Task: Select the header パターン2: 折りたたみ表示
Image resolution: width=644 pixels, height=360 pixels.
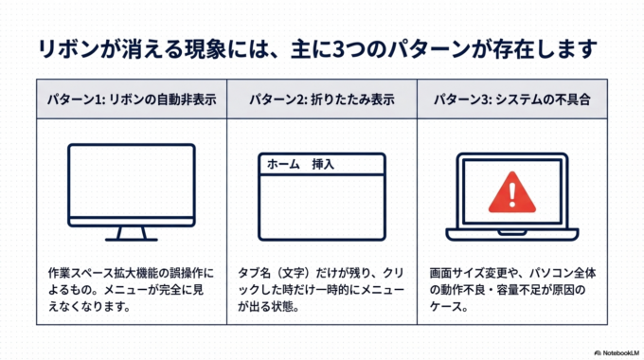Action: (x=321, y=99)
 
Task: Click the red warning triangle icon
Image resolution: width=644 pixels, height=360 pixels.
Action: (x=511, y=191)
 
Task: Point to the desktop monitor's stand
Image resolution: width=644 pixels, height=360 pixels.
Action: (x=131, y=233)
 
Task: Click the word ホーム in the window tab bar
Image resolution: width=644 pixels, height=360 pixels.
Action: (x=284, y=164)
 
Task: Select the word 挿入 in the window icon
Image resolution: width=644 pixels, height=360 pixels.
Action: (x=324, y=164)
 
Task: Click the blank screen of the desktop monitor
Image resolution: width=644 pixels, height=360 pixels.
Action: (x=131, y=184)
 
